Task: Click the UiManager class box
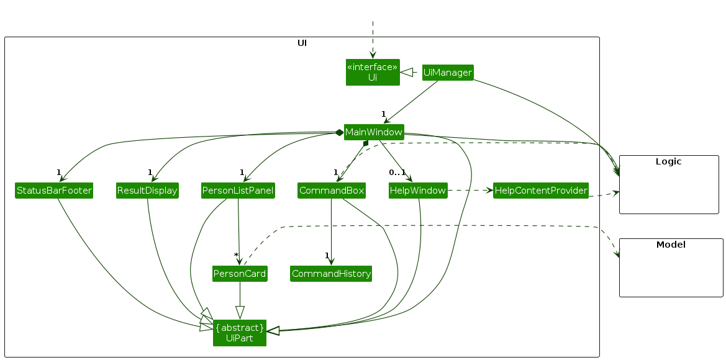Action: (447, 73)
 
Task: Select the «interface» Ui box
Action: (372, 72)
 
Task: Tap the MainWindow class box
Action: (374, 132)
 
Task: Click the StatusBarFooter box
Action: (54, 191)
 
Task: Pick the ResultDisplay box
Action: (147, 191)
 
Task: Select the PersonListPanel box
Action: (238, 191)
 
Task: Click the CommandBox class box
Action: (331, 191)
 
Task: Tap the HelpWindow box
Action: (418, 191)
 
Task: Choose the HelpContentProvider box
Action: (540, 191)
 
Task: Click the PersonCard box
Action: (240, 274)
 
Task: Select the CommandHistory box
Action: (331, 274)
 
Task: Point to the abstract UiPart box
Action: (240, 333)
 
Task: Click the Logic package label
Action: (668, 161)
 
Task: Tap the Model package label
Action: (671, 245)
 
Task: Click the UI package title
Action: (302, 43)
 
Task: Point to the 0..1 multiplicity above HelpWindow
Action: (397, 172)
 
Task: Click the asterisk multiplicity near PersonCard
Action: (236, 256)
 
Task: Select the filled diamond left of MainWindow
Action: (339, 133)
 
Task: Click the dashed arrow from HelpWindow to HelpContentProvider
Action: (470, 191)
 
